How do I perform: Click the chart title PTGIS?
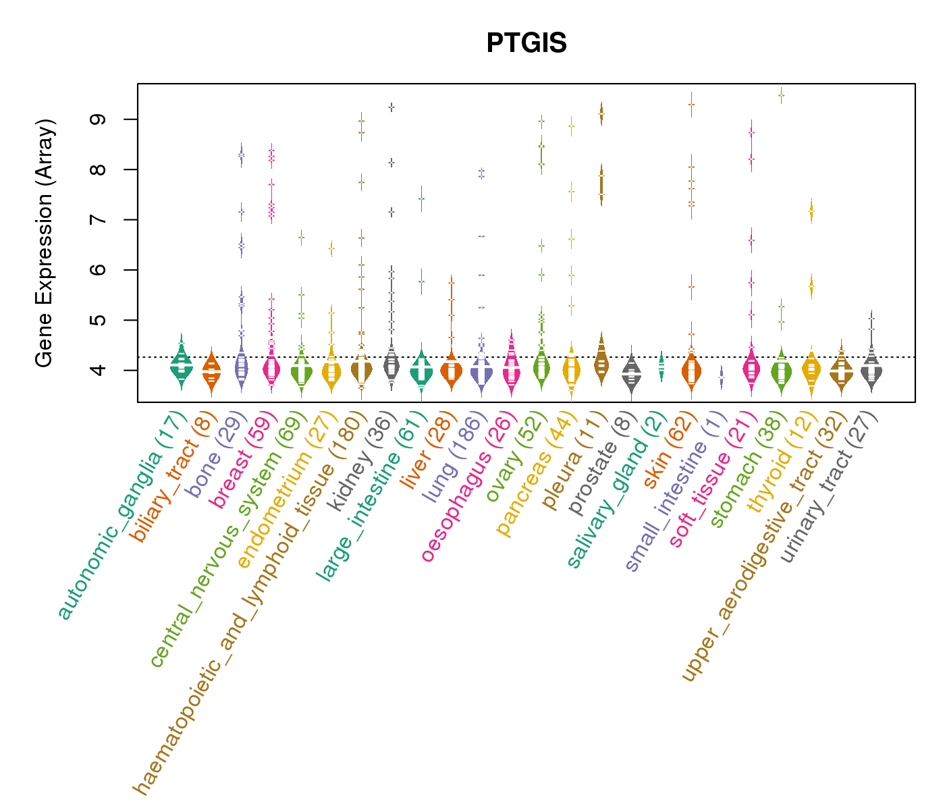coord(526,43)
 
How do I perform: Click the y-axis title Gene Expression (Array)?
coord(45,243)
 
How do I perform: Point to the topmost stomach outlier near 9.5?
coord(781,95)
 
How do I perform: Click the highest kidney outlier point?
coord(391,107)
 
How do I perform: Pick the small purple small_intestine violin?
coord(722,378)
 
